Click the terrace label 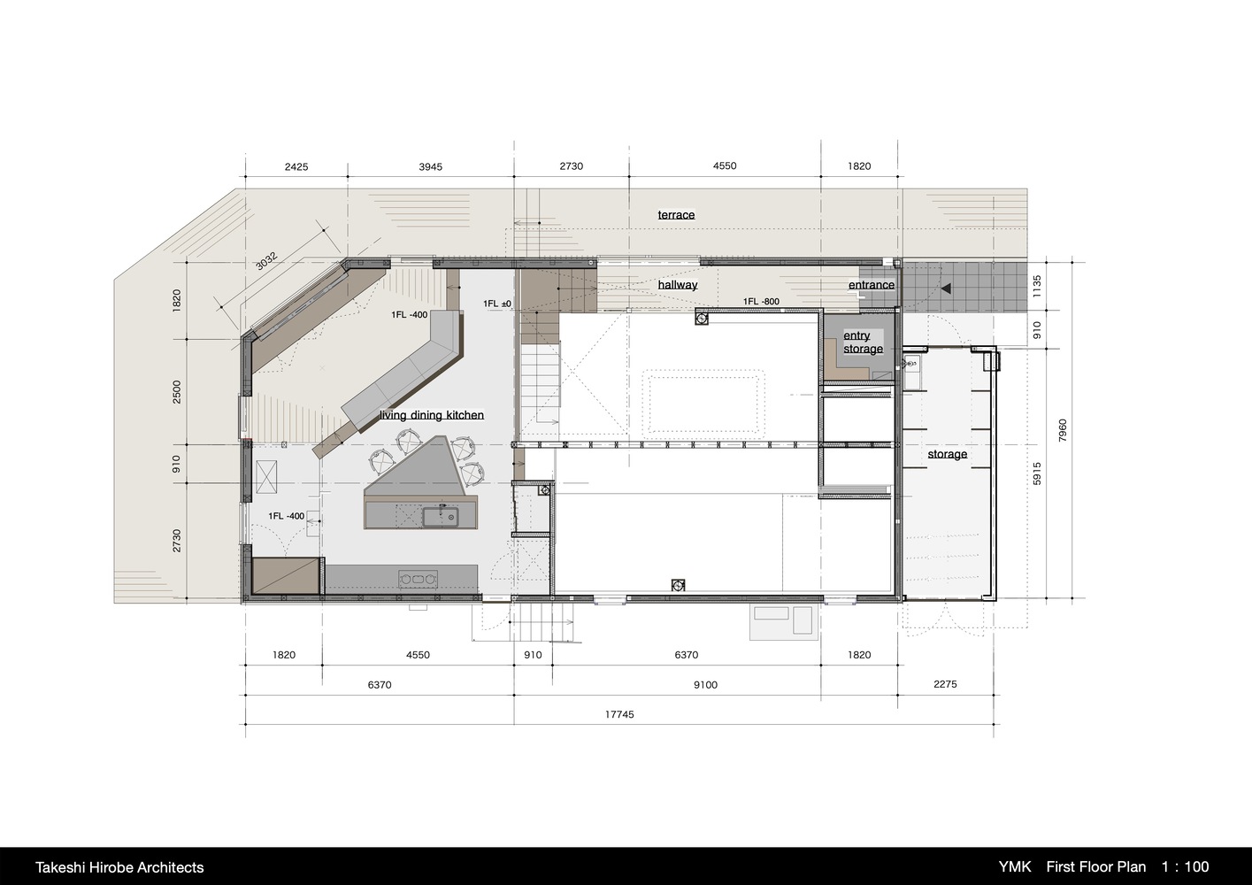pos(676,215)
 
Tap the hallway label pos(678,285)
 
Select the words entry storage pos(863,342)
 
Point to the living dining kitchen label pos(432,415)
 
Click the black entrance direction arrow pos(946,289)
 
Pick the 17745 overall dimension pos(619,714)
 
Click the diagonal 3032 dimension pos(266,261)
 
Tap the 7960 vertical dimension pos(1063,430)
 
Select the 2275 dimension pos(945,684)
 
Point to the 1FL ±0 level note pos(497,304)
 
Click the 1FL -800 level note pos(761,301)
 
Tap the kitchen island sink pos(440,517)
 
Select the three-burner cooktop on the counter pos(419,579)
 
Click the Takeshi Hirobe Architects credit pos(119,867)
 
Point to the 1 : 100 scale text pos(1185,867)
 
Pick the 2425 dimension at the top pos(296,166)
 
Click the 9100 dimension pos(705,685)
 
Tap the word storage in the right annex pos(948,454)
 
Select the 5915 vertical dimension pos(1037,473)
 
